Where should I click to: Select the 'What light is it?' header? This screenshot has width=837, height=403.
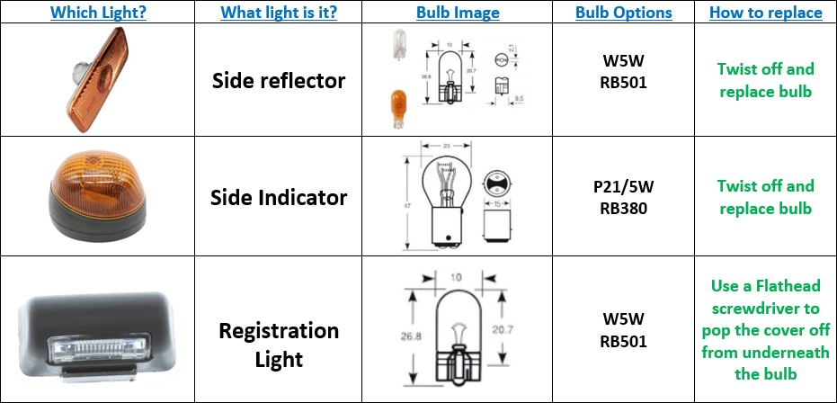279,13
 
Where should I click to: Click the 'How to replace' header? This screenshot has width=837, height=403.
765,13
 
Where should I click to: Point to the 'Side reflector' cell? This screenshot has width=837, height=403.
279,81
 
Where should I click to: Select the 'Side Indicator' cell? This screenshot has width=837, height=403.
279,196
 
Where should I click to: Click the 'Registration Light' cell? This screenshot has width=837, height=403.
279,345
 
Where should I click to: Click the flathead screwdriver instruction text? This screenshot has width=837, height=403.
765,329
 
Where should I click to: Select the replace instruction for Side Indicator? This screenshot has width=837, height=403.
765,197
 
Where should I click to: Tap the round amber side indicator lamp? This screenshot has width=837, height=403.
100,194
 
